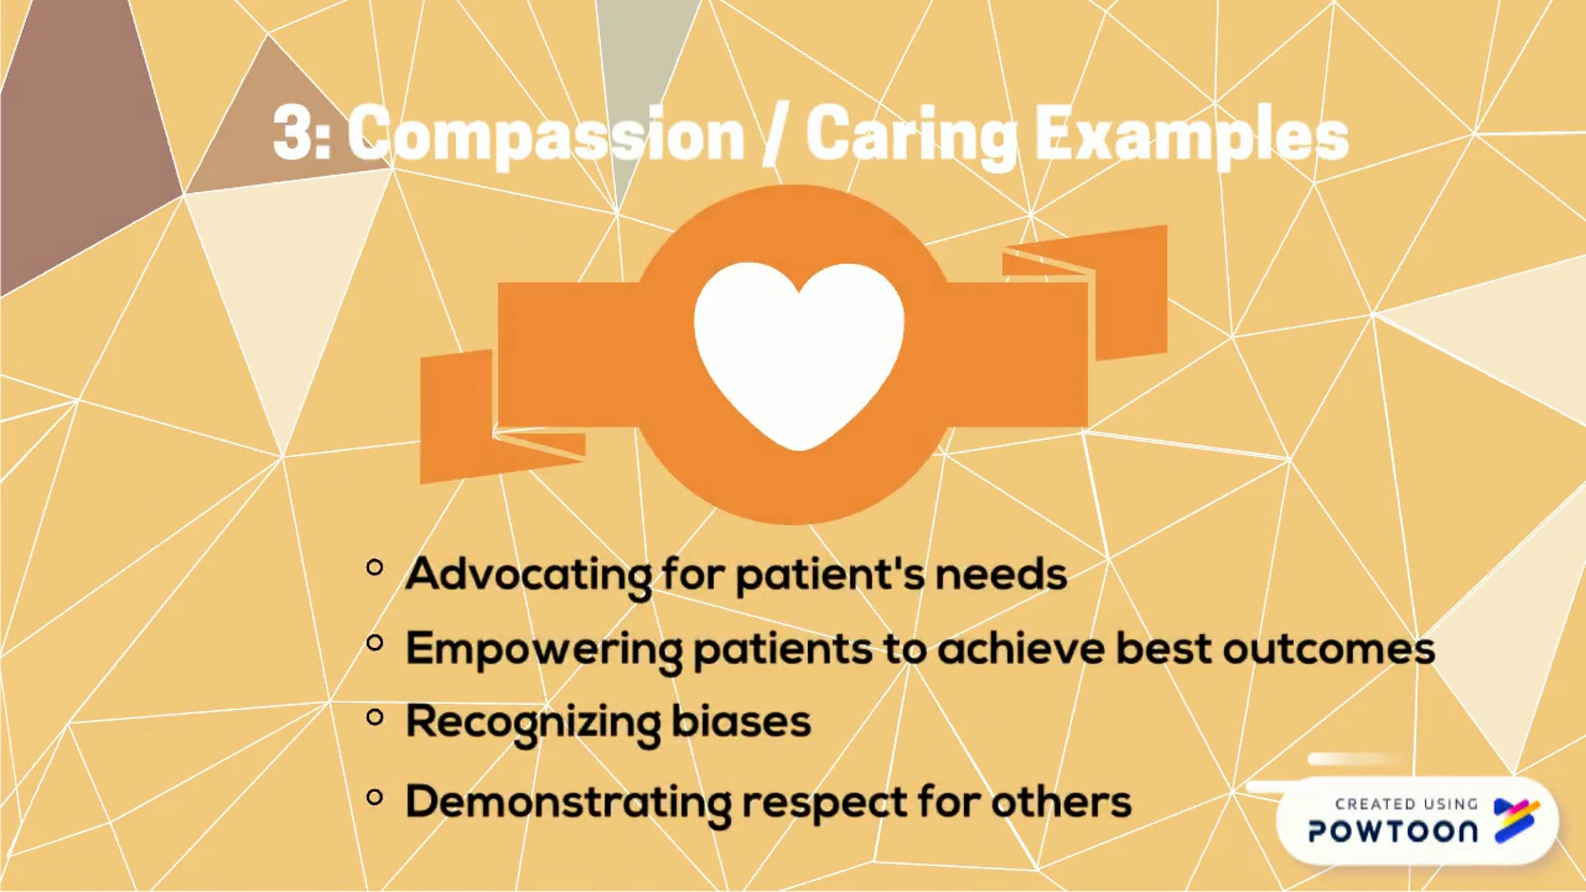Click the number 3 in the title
tap(294, 135)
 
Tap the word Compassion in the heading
tap(546, 135)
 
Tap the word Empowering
tap(543, 650)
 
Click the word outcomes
tap(1328, 649)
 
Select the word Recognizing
tap(532, 723)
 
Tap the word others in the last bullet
tap(1061, 802)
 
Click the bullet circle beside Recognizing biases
tap(375, 718)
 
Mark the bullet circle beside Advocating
tap(375, 568)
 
